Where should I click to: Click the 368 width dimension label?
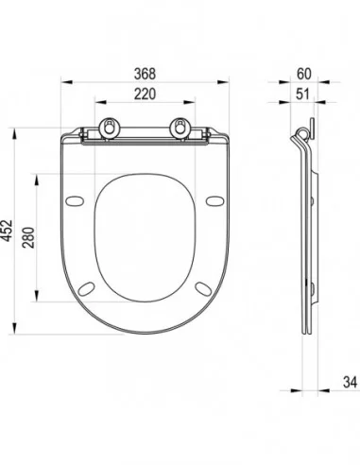click(x=145, y=74)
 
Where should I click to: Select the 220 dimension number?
click(x=145, y=94)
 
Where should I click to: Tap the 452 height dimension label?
click(x=7, y=231)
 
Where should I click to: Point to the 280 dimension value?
click(x=28, y=237)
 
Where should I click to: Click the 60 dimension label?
click(x=304, y=74)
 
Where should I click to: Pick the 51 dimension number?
click(x=302, y=94)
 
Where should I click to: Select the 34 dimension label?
click(x=350, y=382)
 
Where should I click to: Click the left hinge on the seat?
click(x=110, y=128)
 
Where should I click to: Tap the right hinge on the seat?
click(x=180, y=128)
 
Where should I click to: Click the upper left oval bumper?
click(x=75, y=201)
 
